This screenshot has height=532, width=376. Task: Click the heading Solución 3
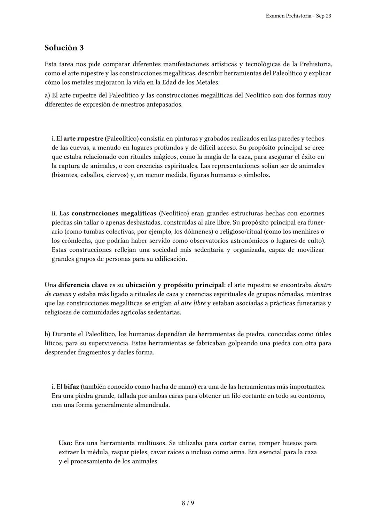(x=64, y=48)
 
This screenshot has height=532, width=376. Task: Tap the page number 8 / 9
(x=188, y=503)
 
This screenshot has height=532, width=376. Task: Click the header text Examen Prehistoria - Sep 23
(x=298, y=16)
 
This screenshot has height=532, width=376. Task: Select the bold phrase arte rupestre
(x=83, y=139)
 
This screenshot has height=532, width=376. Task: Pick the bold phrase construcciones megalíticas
(x=114, y=213)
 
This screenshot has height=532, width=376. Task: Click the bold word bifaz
(x=71, y=387)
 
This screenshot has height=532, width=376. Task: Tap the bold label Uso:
(x=65, y=443)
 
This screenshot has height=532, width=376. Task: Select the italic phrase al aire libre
(x=190, y=303)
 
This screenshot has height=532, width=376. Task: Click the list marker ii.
(x=55, y=213)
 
